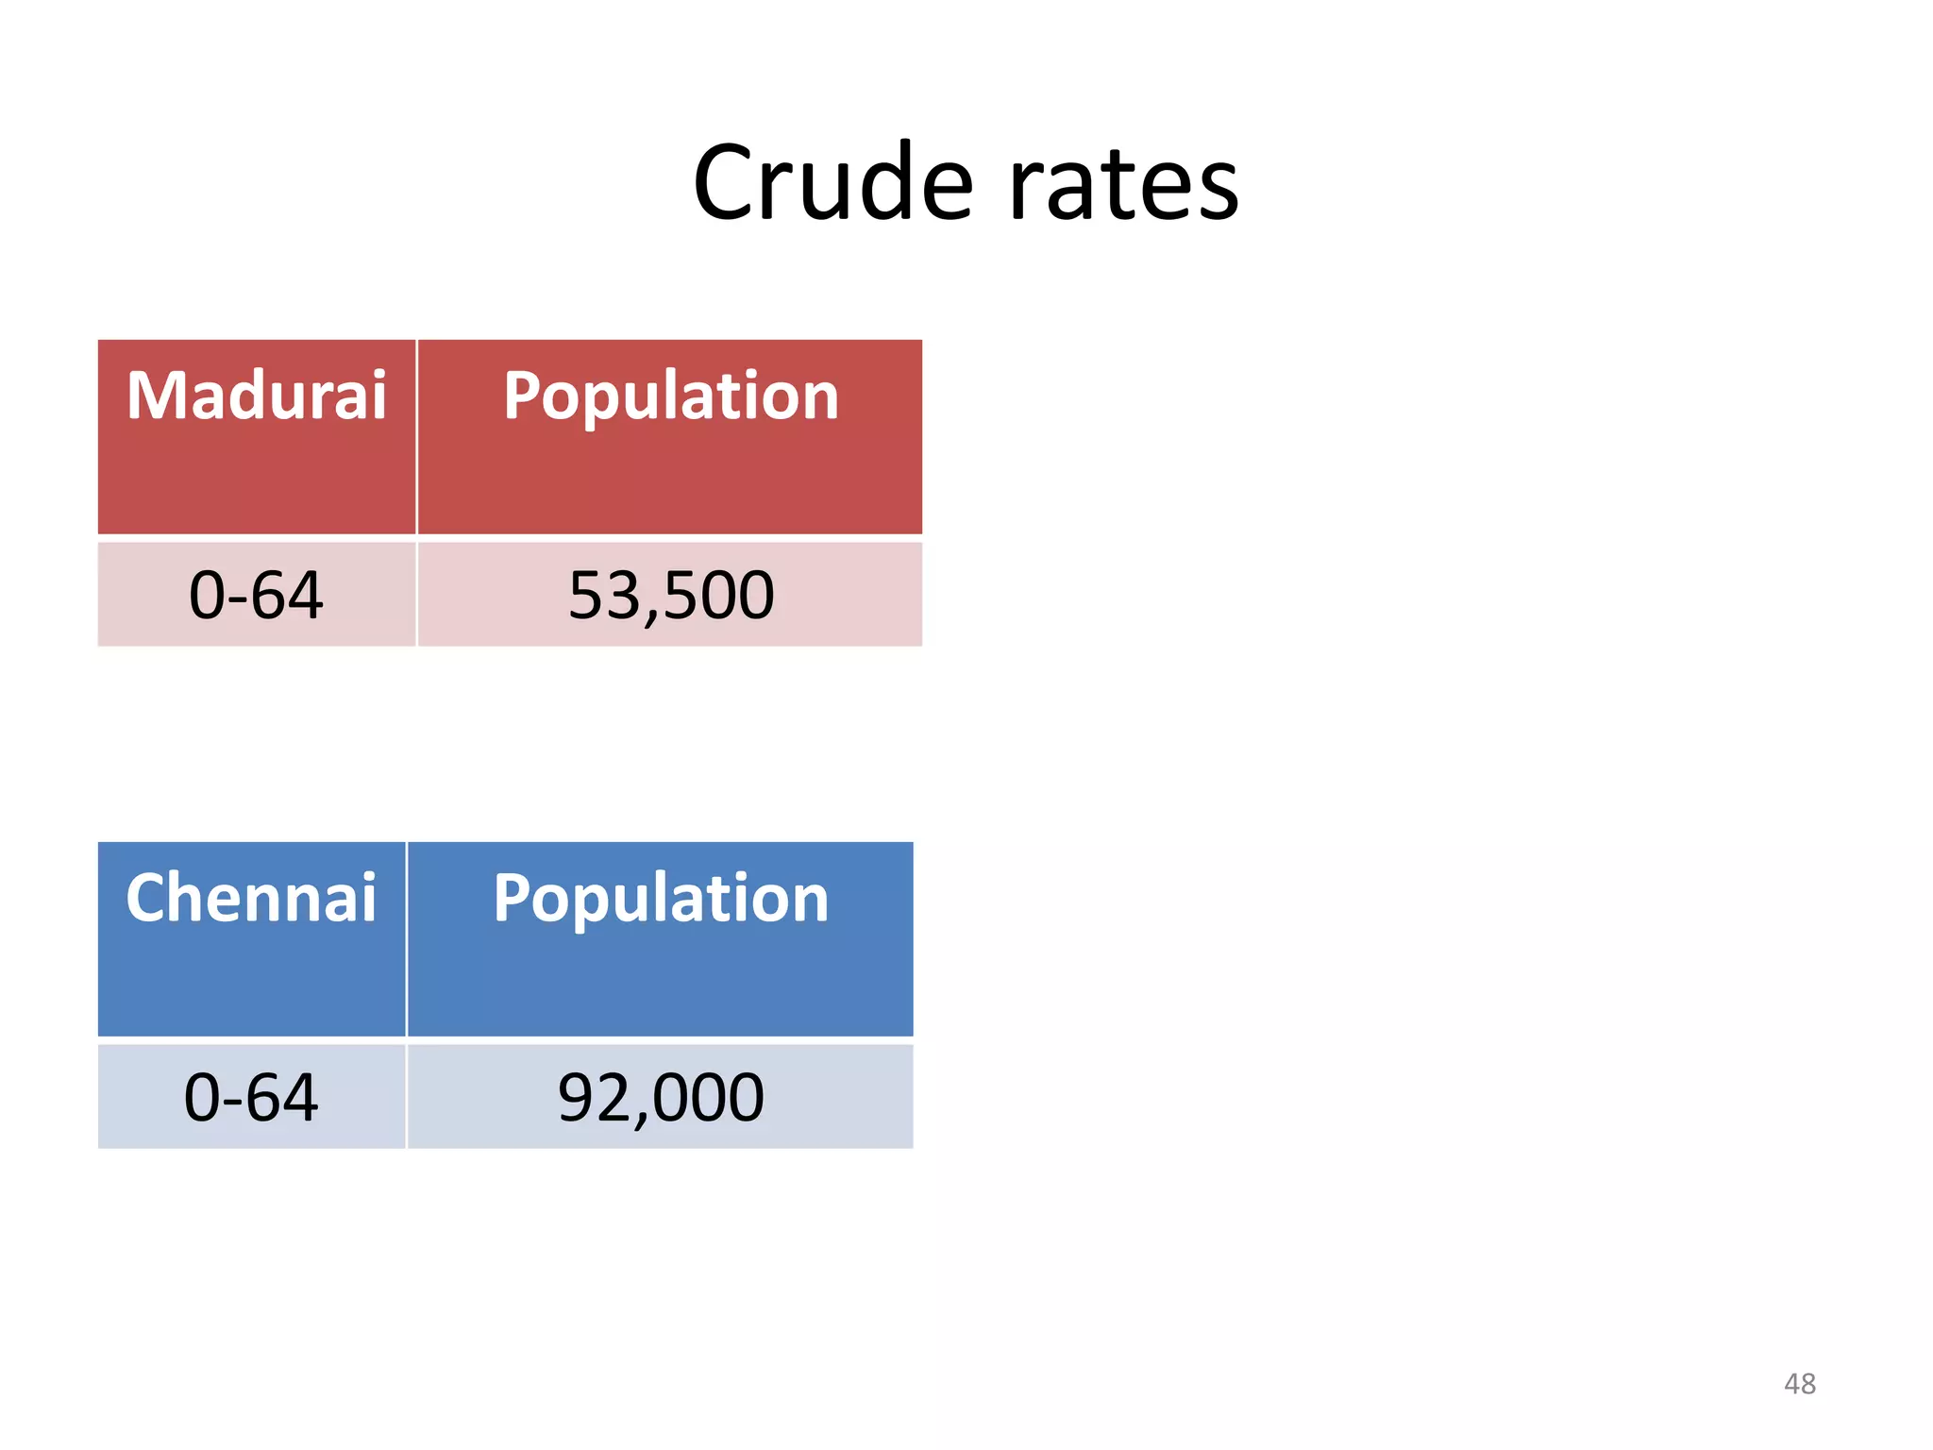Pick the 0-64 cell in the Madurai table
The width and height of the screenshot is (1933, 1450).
pyautogui.click(x=257, y=595)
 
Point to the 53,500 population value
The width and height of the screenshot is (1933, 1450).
pyautogui.click(x=670, y=595)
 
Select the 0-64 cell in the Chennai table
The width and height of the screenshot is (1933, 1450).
pyautogui.click(x=251, y=1097)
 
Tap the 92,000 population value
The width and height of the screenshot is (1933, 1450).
pyautogui.click(x=661, y=1097)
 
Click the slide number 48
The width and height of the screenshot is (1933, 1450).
pyautogui.click(x=1799, y=1384)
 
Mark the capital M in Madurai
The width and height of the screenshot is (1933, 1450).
pyautogui.click(x=155, y=396)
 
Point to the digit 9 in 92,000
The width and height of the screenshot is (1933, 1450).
pyautogui.click(x=576, y=1097)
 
